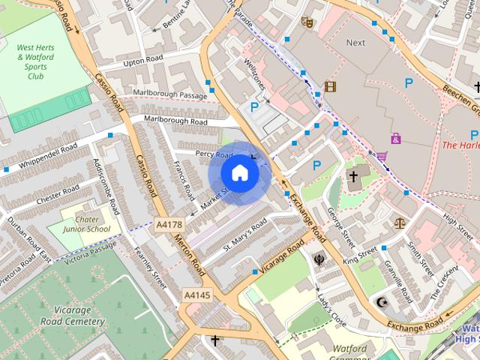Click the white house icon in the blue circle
[239, 172]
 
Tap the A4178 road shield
[169, 224]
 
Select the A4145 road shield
[196, 295]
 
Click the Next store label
[355, 43]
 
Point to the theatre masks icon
[306, 22]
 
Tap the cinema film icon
[330, 86]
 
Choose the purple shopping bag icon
[395, 138]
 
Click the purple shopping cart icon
[382, 156]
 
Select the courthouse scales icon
[400, 223]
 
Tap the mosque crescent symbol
[382, 302]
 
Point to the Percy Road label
[214, 154]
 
